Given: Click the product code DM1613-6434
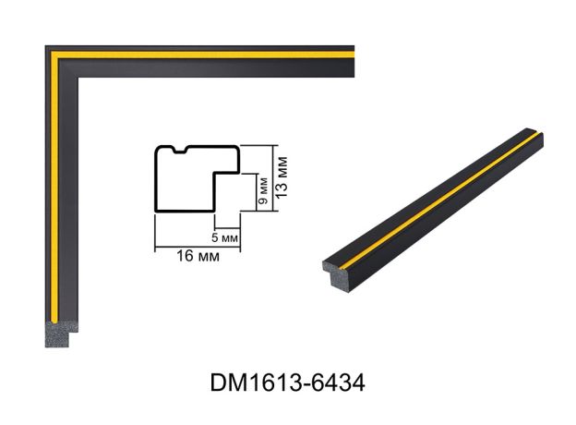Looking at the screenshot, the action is click(x=288, y=382).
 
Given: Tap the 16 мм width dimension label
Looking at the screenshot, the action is click(x=198, y=256).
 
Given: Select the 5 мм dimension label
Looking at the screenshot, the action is click(x=225, y=237).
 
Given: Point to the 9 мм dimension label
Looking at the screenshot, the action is click(x=263, y=191).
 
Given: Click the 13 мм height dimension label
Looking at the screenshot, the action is click(x=282, y=177).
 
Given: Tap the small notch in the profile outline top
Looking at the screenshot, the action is click(x=180, y=150).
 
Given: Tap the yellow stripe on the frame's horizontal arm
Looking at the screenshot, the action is click(x=202, y=55).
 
